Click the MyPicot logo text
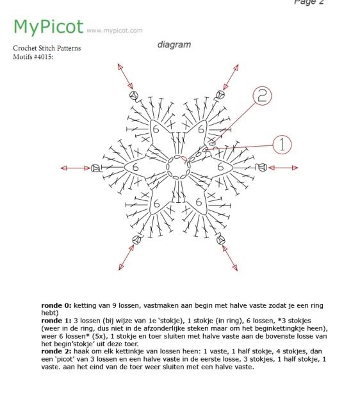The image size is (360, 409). tap(48, 27)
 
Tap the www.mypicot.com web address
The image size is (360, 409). tap(114, 30)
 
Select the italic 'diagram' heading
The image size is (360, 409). tap(174, 45)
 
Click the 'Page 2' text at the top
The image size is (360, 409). tap(309, 3)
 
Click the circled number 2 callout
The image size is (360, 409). tap(261, 97)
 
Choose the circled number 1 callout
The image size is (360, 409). tap(282, 145)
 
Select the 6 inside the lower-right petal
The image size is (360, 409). tap(199, 203)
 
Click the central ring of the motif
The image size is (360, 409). tap(177, 167)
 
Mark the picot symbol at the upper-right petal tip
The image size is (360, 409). tap(220, 95)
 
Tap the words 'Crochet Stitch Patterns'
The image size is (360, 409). tap(47, 49)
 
